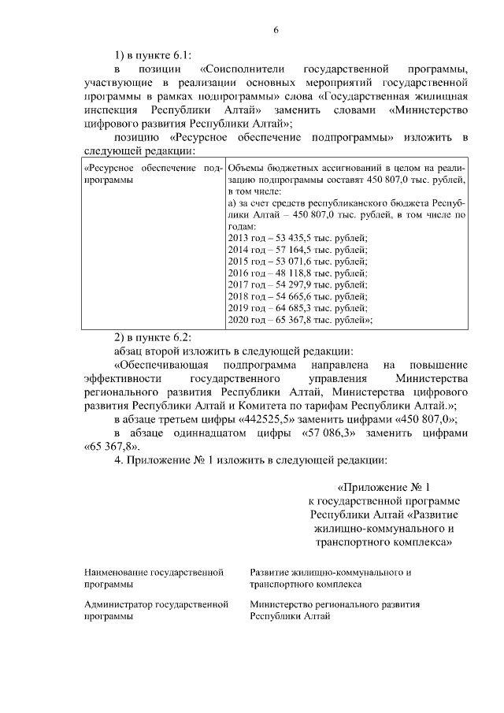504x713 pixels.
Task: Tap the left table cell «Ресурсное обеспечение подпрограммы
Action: point(153,174)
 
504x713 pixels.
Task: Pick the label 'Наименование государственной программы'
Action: point(153,578)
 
